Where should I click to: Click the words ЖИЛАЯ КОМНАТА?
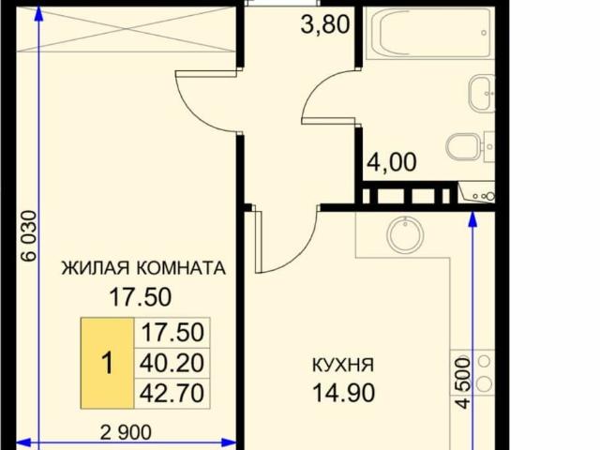(143, 268)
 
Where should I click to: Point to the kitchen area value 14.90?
(344, 392)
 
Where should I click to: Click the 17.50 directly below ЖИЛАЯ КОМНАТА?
(141, 297)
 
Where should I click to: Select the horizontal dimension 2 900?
(127, 433)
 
